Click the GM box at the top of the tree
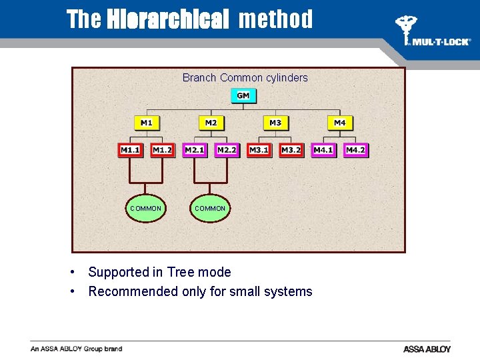click(x=243, y=95)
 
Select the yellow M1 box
click(x=147, y=123)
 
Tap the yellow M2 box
click(x=211, y=123)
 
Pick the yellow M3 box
click(x=275, y=123)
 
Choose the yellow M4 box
click(x=340, y=123)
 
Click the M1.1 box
click(x=130, y=150)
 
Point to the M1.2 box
click(x=162, y=150)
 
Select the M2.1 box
click(x=195, y=150)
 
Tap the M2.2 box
click(x=227, y=150)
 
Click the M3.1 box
click(x=259, y=150)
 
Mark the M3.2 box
click(x=291, y=150)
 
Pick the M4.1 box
click(x=323, y=150)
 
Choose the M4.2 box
click(x=356, y=150)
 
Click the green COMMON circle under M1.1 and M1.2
click(x=145, y=208)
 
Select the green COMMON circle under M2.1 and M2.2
click(x=210, y=208)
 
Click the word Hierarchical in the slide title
click(x=168, y=19)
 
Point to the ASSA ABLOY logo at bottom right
click(x=427, y=349)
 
